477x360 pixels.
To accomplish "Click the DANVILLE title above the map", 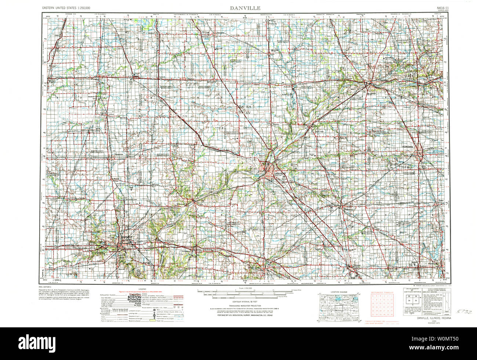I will (245, 7).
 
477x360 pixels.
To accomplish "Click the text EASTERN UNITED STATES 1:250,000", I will (66, 8).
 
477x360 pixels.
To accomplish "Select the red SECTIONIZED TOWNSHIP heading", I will (382, 292).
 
